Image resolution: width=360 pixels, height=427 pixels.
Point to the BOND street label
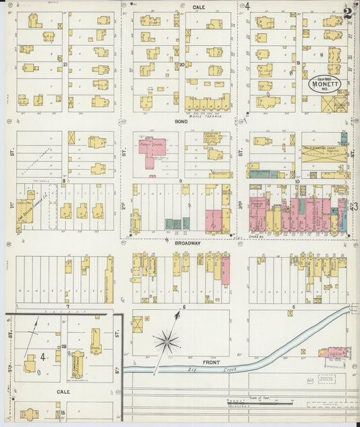(x=180, y=122)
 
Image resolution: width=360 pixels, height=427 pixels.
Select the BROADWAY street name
(x=187, y=243)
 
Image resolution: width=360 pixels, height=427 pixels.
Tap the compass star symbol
(x=166, y=341)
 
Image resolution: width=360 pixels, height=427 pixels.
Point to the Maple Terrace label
(x=207, y=114)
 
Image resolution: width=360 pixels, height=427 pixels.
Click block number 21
(x=66, y=64)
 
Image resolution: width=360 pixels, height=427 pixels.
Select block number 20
(x=182, y=64)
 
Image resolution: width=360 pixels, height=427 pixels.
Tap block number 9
(x=181, y=180)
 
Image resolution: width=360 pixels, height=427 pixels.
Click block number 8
(x=65, y=180)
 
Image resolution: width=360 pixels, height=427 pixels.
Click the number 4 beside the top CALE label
(x=247, y=6)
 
